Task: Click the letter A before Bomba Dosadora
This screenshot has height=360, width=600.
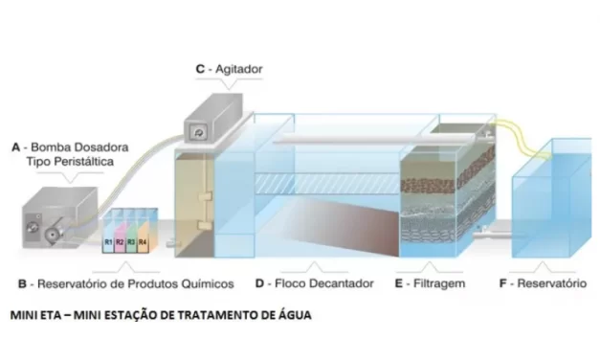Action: click(x=15, y=147)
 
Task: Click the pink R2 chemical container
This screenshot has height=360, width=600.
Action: click(x=120, y=242)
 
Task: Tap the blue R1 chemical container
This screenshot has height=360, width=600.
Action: click(x=108, y=242)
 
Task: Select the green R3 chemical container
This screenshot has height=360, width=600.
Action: click(x=131, y=242)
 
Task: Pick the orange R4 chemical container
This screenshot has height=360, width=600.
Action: click(x=143, y=242)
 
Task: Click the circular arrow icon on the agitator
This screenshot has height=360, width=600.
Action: click(x=198, y=131)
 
